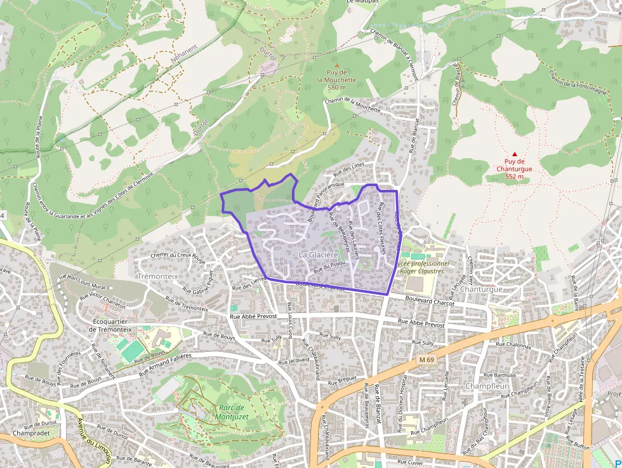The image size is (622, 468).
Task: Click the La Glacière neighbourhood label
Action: click(319, 255)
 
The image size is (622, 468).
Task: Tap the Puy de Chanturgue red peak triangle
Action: click(515, 154)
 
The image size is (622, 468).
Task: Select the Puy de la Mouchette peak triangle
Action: click(337, 65)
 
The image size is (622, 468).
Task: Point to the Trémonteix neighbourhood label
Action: click(157, 277)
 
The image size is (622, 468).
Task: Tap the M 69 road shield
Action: click(427, 360)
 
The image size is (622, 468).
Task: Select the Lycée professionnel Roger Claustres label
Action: click(421, 267)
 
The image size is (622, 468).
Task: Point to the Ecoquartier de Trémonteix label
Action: click(110, 324)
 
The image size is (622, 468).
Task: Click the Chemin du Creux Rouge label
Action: click(178, 257)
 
